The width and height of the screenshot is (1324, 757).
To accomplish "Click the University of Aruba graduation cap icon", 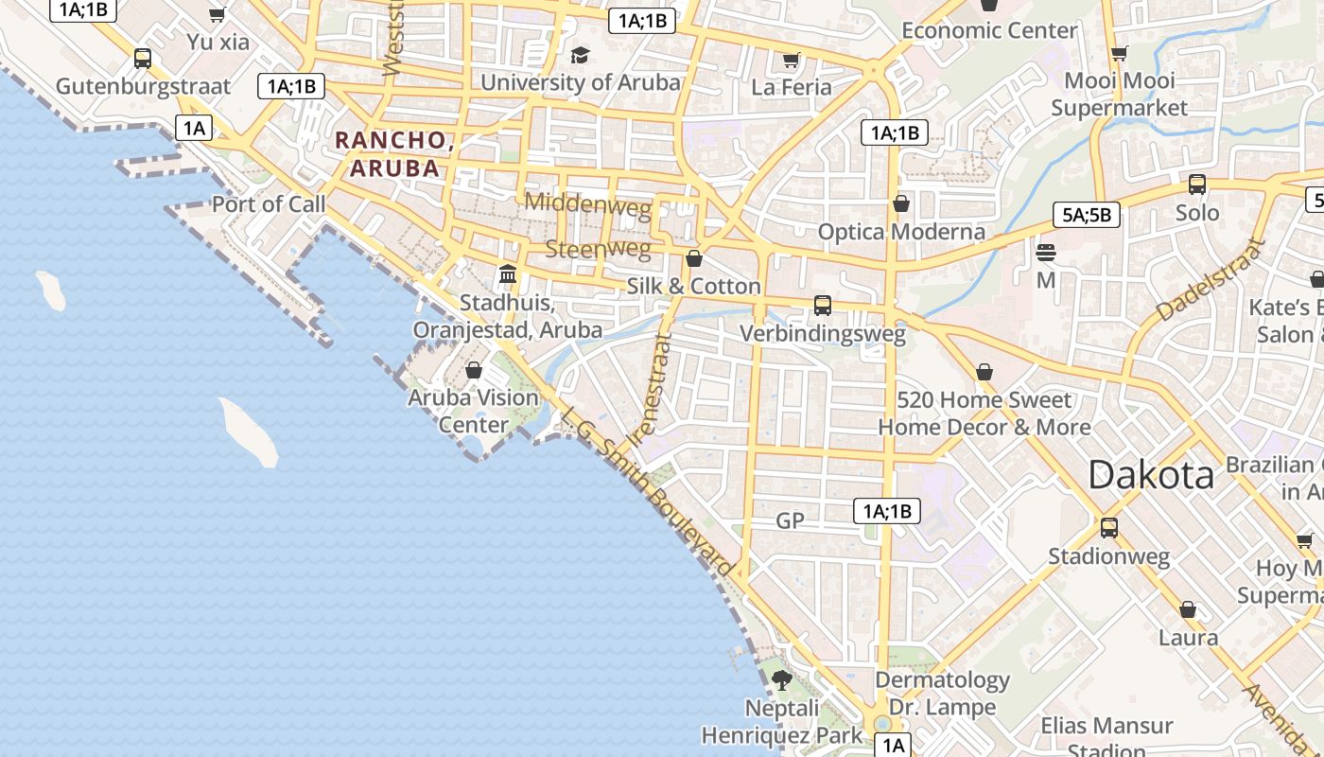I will pyautogui.click(x=580, y=55).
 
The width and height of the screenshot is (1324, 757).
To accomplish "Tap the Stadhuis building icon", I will pyautogui.click(x=508, y=274).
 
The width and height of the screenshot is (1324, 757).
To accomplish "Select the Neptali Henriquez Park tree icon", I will pyautogui.click(x=781, y=679).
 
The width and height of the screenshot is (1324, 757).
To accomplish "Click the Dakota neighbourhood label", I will pyautogui.click(x=1150, y=474).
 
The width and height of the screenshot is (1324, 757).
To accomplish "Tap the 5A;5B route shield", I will pyautogui.click(x=1087, y=215).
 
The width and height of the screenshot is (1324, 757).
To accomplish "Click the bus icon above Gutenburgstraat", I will pyautogui.click(x=143, y=59).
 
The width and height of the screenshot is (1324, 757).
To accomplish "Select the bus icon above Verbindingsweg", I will pyautogui.click(x=823, y=305).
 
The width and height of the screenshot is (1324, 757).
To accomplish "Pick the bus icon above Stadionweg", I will pyautogui.click(x=1108, y=527).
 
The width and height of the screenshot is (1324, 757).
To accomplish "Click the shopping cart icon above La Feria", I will pyautogui.click(x=792, y=61).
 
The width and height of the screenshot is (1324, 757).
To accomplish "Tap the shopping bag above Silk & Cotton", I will pyautogui.click(x=694, y=258).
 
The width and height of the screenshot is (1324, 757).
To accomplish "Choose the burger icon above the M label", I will pyautogui.click(x=1046, y=253).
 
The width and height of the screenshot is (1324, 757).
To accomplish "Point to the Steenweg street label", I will pyautogui.click(x=598, y=250).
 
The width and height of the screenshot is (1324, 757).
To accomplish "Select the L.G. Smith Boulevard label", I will pyautogui.click(x=647, y=491).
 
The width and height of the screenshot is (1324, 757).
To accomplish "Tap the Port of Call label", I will pyautogui.click(x=268, y=203).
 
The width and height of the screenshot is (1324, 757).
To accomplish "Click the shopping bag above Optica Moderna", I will pyautogui.click(x=901, y=203).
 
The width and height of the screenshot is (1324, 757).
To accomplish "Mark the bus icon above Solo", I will pyautogui.click(x=1197, y=185).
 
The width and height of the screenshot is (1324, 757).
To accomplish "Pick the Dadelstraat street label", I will pyautogui.click(x=1211, y=279).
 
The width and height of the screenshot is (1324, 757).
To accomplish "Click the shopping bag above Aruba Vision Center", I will pyautogui.click(x=474, y=370).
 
